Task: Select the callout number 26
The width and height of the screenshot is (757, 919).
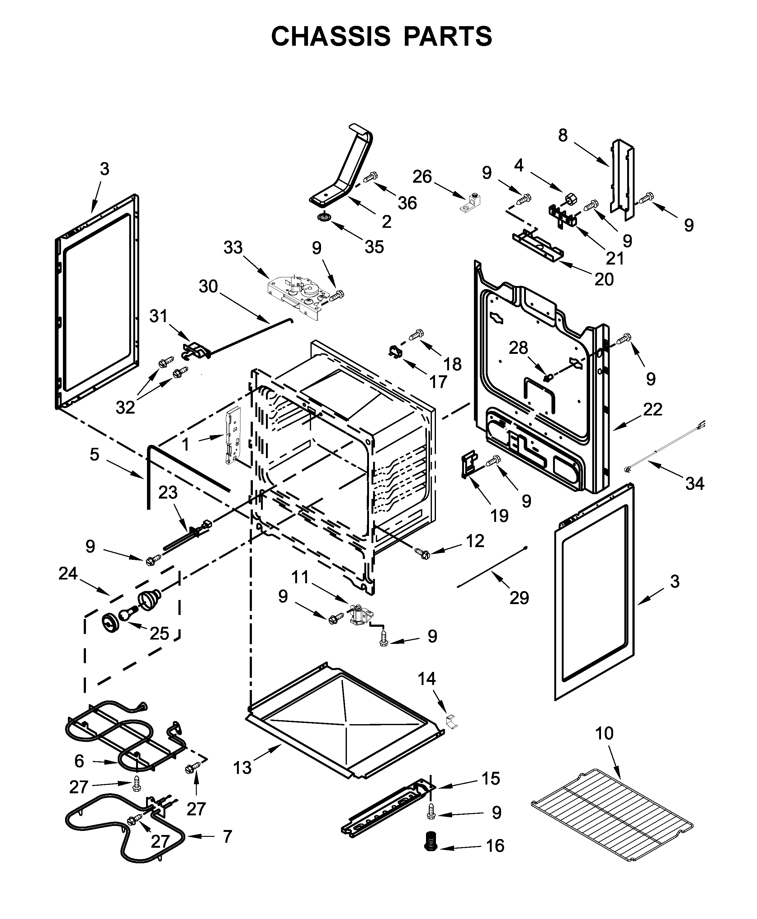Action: pyautogui.click(x=422, y=177)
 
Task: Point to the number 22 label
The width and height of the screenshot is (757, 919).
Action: pyautogui.click(x=652, y=409)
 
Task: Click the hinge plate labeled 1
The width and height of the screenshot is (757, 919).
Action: pyautogui.click(x=232, y=436)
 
